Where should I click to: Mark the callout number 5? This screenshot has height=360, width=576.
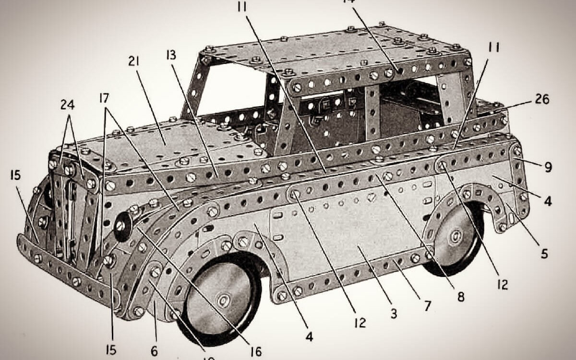coord(544,254)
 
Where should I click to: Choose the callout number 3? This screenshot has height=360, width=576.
coord(394,314)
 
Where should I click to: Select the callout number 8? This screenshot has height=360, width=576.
coord(460,297)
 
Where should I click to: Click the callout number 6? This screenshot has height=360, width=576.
coord(154,351)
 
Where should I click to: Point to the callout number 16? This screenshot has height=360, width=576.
coord(256,352)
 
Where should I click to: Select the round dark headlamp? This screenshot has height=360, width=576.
coord(123,225)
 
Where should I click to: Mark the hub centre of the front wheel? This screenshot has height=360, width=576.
coord(223,300)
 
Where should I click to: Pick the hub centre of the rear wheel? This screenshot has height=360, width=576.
coord(456,236)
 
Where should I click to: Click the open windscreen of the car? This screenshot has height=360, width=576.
coord(230,91)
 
